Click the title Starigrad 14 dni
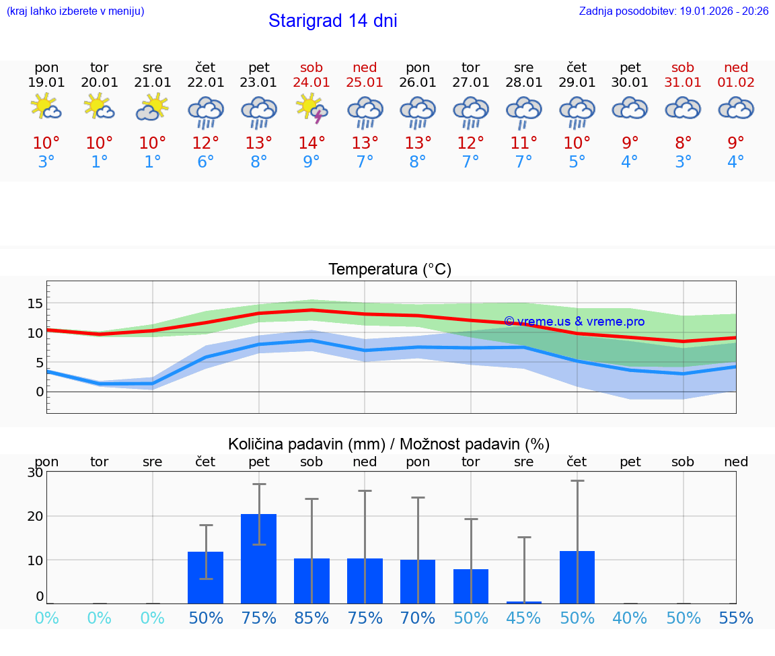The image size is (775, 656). [332, 21]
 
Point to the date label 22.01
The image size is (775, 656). [206, 83]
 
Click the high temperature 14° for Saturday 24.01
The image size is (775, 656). [311, 143]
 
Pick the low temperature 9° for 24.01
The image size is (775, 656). [311, 162]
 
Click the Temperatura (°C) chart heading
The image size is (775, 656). [390, 270]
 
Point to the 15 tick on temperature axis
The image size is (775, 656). [35, 303]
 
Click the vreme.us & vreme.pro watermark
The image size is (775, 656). [574, 322]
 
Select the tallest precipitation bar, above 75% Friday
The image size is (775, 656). [259, 558]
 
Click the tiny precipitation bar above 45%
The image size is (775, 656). [524, 602]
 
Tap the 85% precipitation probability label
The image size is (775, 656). [311, 618]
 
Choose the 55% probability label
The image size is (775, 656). [736, 618]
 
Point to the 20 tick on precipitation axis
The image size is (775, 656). [35, 516]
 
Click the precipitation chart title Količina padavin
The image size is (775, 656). [389, 444]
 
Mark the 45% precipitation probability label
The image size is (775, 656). [524, 618]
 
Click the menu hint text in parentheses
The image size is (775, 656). [75, 11]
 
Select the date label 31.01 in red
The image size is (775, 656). [683, 83]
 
